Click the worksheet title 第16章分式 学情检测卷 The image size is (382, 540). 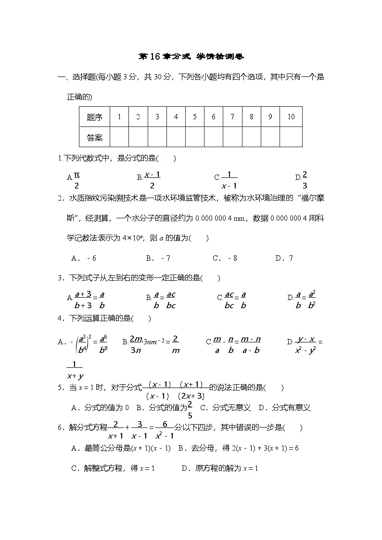coord(191,57)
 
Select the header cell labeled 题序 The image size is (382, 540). coord(95,117)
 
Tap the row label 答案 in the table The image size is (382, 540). coord(95,138)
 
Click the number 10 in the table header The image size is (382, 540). coord(291,117)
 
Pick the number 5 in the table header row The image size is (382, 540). coord(195,117)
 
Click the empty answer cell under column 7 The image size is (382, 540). coord(232,138)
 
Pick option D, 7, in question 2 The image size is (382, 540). coord(284,258)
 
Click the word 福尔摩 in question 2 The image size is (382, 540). coord(313,198)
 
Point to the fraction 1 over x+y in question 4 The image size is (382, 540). coord(75,370)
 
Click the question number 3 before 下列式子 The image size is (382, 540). coord(59,278)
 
